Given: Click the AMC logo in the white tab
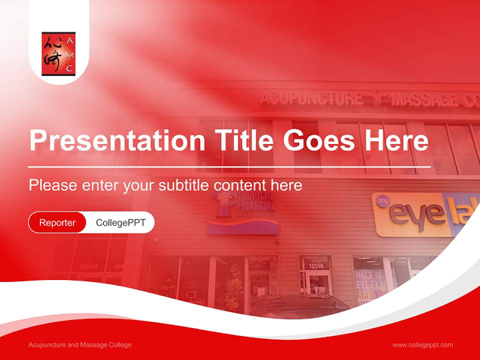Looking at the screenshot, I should [58, 54].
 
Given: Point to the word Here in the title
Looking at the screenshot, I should [397, 141].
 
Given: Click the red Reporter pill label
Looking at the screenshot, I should [57, 222].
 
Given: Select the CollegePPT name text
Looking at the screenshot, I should [120, 222].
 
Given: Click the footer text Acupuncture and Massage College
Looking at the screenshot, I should [80, 345].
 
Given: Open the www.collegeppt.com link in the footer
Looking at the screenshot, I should [422, 345].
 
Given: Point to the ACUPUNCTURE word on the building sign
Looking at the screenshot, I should [311, 98].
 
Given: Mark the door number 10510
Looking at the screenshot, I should [315, 265].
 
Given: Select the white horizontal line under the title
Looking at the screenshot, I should [229, 166].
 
